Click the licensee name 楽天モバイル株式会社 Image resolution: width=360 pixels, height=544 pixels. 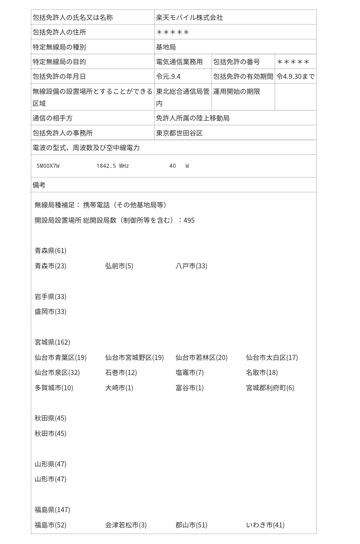[189, 18]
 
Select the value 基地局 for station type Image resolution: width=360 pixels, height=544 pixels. [166, 47]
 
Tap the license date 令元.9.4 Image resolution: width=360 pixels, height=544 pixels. [168, 76]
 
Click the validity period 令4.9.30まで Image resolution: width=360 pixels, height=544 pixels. [295, 76]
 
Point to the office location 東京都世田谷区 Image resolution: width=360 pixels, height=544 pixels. [180, 133]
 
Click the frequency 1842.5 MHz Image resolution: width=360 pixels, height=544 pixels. [112, 166]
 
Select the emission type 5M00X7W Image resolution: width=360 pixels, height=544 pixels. [48, 166]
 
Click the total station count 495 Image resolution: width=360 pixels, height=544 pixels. [189, 220]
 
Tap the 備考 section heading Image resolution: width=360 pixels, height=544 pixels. [39, 185]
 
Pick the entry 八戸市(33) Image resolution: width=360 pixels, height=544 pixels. [191, 266]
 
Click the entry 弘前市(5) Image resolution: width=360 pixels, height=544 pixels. [119, 266]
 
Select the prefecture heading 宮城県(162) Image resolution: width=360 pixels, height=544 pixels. [52, 342]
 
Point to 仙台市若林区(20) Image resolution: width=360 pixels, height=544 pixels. [202, 357]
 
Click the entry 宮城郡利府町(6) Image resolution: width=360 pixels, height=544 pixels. [270, 388]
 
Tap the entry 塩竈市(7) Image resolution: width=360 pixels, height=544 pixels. [189, 372]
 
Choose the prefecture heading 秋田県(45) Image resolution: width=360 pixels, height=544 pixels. [50, 418]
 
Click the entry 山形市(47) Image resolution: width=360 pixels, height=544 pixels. [50, 479]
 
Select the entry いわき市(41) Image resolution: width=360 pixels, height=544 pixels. [265, 525]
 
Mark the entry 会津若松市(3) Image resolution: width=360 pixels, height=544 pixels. [126, 525]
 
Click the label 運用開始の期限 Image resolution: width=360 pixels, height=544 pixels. [237, 91]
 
